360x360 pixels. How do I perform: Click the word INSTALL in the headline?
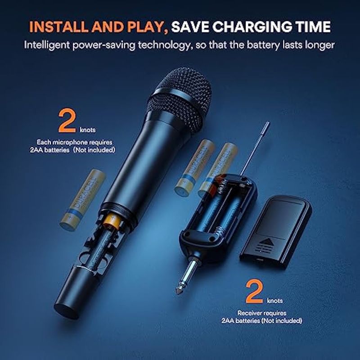coord(58,27)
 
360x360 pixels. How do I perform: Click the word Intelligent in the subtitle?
coord(47,45)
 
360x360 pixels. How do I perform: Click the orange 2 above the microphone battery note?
coord(67,121)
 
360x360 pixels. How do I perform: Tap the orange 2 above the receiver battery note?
coord(254,291)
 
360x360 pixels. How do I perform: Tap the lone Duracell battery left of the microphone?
coord(82,200)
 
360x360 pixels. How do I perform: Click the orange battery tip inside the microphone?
coord(111,221)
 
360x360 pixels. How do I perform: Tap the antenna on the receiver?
coord(255,149)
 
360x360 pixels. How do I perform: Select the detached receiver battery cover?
coord(276,232)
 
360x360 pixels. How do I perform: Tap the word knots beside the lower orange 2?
coord(275,301)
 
